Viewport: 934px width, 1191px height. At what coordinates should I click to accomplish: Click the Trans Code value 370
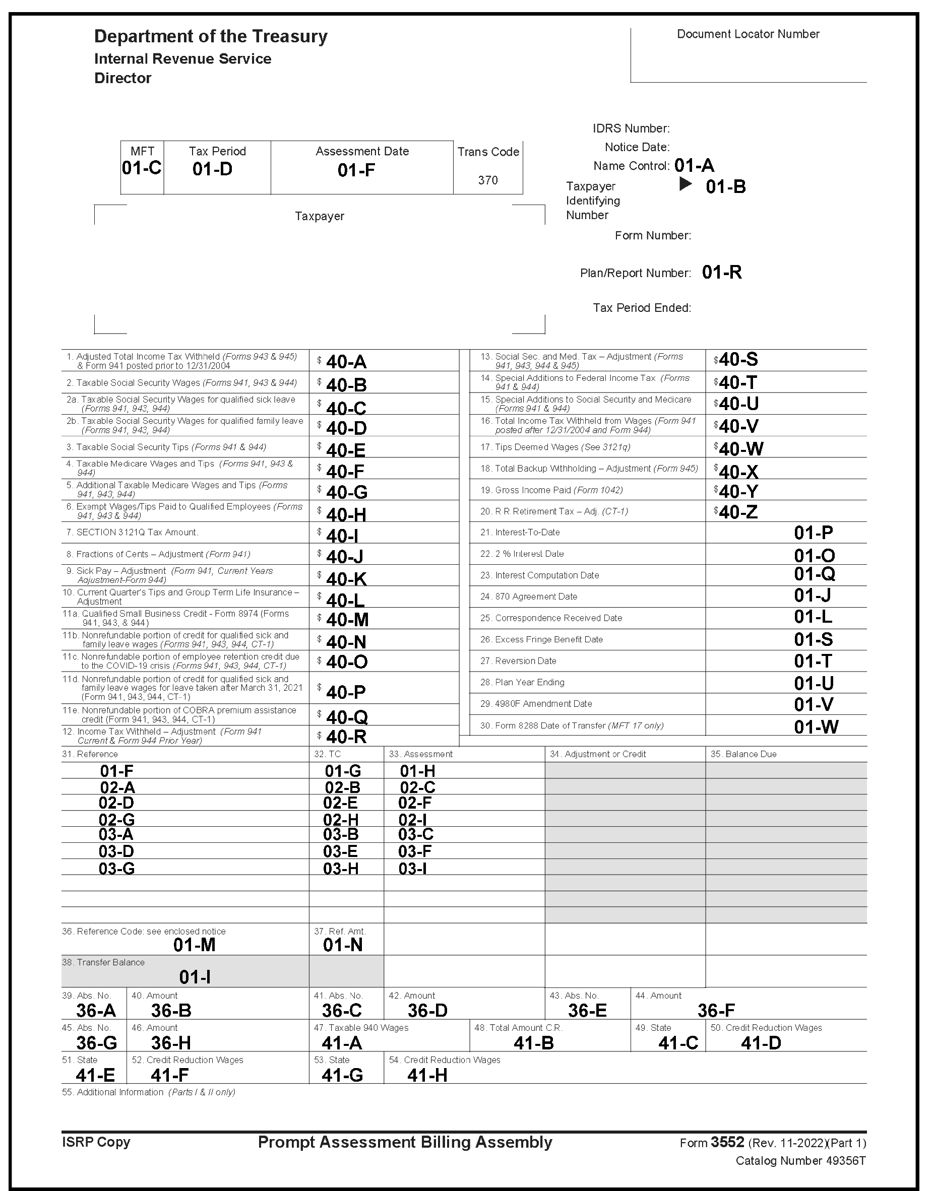point(487,180)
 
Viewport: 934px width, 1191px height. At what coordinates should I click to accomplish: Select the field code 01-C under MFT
point(142,168)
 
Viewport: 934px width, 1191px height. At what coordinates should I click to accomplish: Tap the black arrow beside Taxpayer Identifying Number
point(685,184)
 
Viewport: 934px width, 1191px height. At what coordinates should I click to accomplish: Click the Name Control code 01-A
point(694,165)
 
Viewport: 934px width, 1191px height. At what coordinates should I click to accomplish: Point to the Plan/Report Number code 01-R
point(722,272)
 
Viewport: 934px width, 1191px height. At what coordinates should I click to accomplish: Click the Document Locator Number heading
point(748,34)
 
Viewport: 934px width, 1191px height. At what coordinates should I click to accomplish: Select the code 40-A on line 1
point(346,362)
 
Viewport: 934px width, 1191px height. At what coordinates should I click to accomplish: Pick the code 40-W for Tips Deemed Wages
point(741,449)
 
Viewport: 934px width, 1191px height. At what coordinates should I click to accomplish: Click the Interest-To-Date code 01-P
point(813,533)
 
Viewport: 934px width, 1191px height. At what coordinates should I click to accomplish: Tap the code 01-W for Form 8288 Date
point(816,726)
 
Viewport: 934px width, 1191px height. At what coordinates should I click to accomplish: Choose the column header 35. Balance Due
point(743,754)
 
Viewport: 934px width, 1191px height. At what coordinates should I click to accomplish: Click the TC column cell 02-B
point(342,787)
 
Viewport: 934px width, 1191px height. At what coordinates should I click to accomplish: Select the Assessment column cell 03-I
point(413,869)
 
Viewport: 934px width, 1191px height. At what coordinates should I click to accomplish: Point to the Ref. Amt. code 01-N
point(343,945)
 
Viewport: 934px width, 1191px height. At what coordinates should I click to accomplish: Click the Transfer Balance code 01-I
point(195,977)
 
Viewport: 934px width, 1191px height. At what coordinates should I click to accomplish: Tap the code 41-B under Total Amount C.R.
point(534,1043)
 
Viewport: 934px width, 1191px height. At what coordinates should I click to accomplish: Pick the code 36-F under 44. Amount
point(716,1011)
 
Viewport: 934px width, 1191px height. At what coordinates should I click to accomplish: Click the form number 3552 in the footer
point(727,1142)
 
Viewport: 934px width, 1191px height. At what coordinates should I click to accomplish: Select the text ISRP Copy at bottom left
point(96,1142)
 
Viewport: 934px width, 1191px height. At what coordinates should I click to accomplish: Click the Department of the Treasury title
point(211,36)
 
